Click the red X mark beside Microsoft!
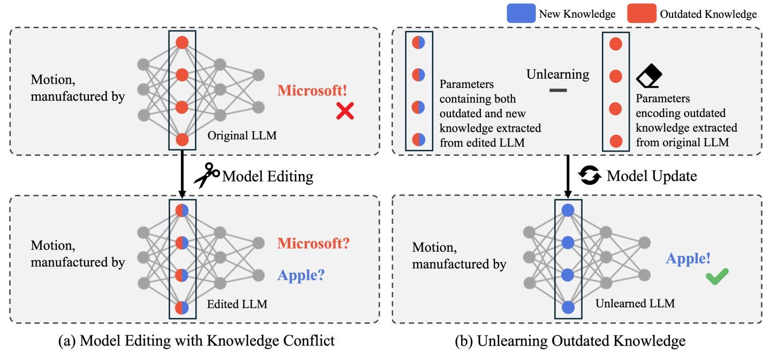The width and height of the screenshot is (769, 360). (345, 111)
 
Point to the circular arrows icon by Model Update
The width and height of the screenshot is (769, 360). (591, 175)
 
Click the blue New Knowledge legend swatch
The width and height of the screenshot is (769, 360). (521, 14)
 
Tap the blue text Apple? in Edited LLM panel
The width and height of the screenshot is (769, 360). (301, 275)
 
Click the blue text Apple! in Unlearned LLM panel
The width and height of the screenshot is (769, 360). (688, 259)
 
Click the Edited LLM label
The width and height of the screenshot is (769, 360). (237, 305)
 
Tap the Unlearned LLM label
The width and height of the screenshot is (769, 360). (635, 303)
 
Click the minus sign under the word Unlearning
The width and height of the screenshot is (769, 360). (558, 91)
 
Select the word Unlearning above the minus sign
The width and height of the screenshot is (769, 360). (557, 74)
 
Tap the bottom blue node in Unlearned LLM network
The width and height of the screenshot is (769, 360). (569, 307)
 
